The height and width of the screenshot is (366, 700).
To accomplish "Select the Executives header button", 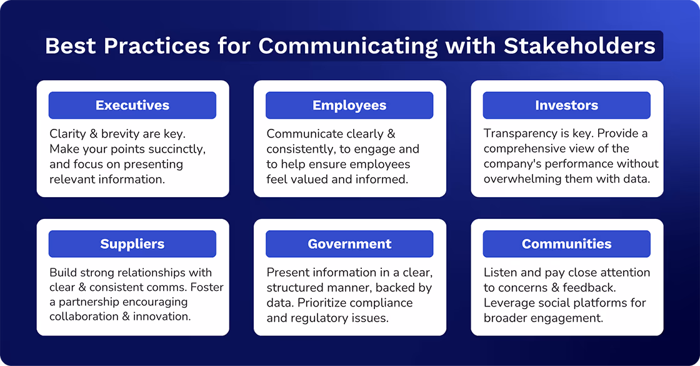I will click(x=132, y=106).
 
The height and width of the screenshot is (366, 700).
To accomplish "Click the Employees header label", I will click(x=349, y=106).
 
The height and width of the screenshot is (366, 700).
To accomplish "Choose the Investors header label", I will click(x=566, y=106).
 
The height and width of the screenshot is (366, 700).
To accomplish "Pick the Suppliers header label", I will click(x=132, y=244).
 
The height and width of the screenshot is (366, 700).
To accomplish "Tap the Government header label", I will click(x=349, y=244).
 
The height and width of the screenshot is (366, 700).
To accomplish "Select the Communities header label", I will click(x=566, y=244).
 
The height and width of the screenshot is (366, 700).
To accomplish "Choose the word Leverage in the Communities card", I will click(x=508, y=302).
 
